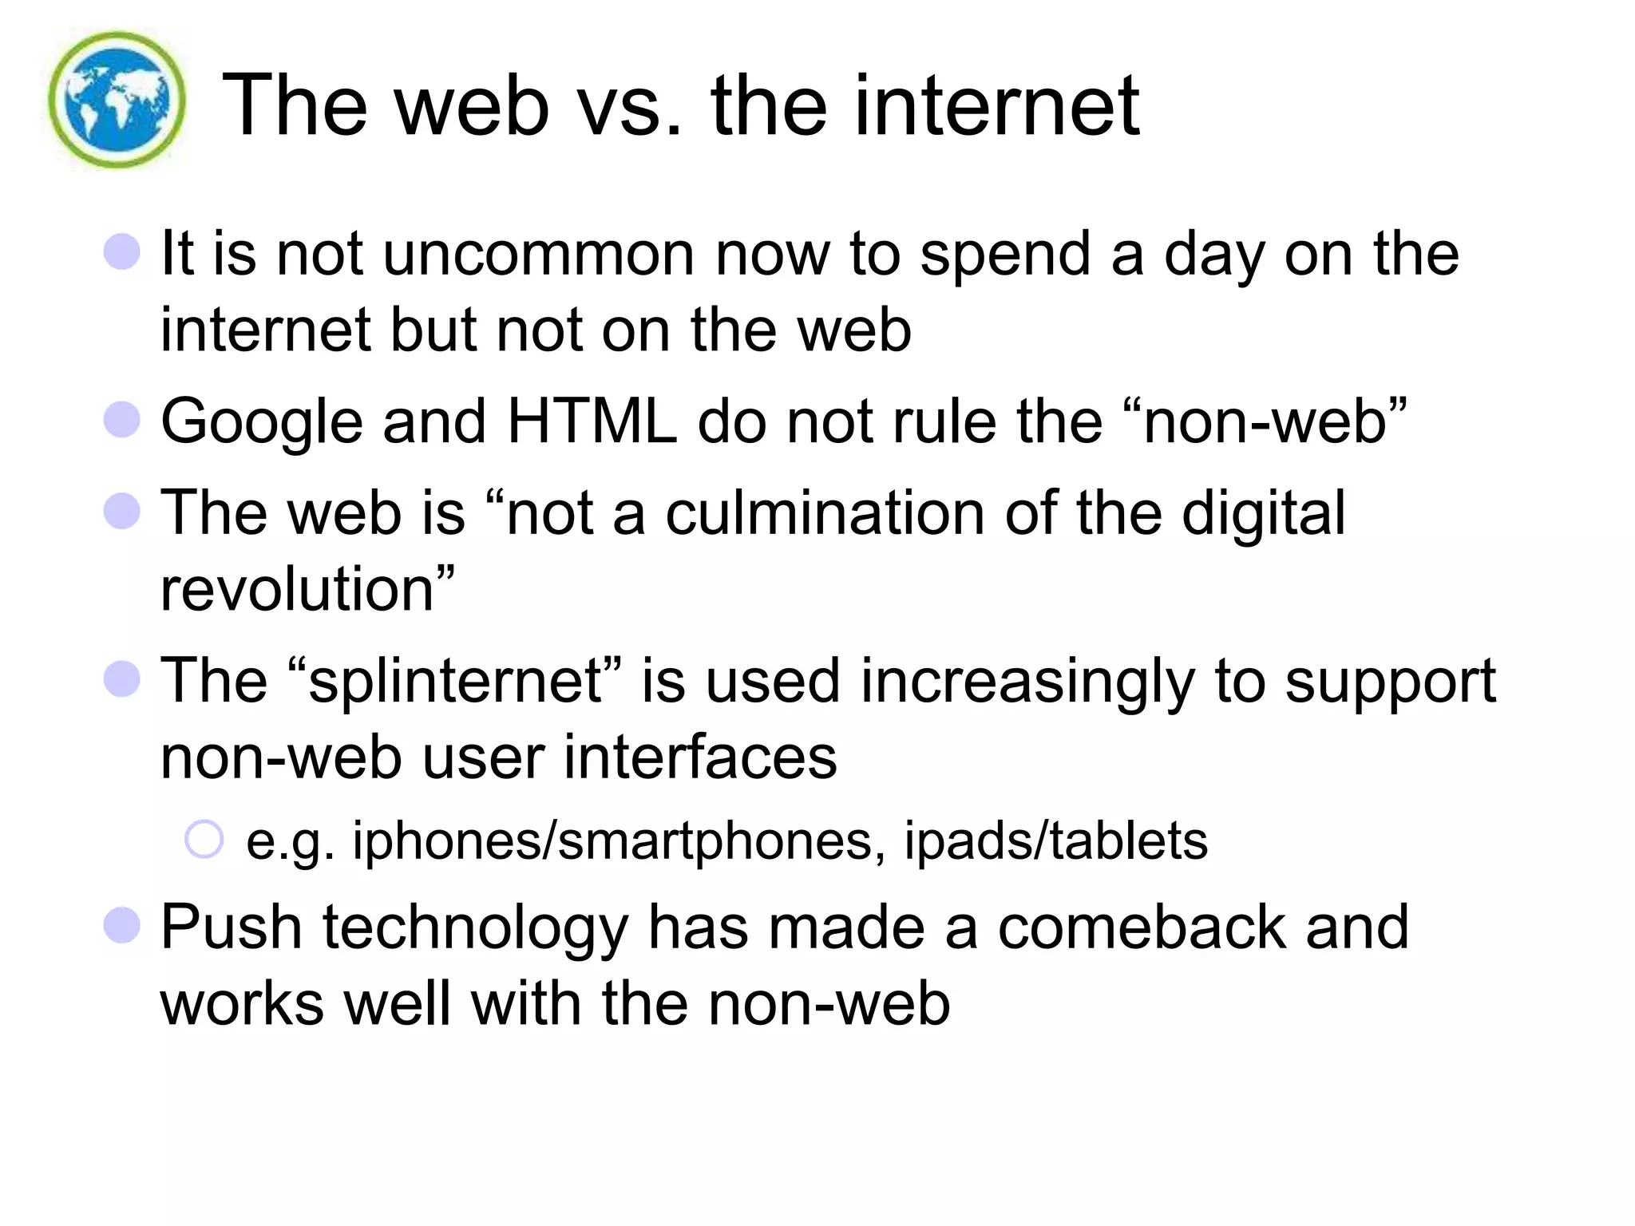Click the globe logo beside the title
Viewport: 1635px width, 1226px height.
[x=117, y=100]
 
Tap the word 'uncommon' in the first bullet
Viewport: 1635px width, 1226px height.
[x=539, y=254]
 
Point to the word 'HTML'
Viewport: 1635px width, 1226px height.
[x=592, y=421]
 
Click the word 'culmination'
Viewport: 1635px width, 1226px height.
[x=825, y=512]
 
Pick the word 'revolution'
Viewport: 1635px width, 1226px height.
[x=297, y=589]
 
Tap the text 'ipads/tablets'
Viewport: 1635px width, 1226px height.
[x=1055, y=840]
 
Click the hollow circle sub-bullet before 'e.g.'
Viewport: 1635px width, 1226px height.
[x=204, y=840]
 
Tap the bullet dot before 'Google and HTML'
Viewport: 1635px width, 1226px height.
[x=122, y=420]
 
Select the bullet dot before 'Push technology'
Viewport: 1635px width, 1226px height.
[x=122, y=925]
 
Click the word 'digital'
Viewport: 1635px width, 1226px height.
[x=1263, y=514]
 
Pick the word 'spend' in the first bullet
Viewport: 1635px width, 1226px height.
[x=1005, y=255]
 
